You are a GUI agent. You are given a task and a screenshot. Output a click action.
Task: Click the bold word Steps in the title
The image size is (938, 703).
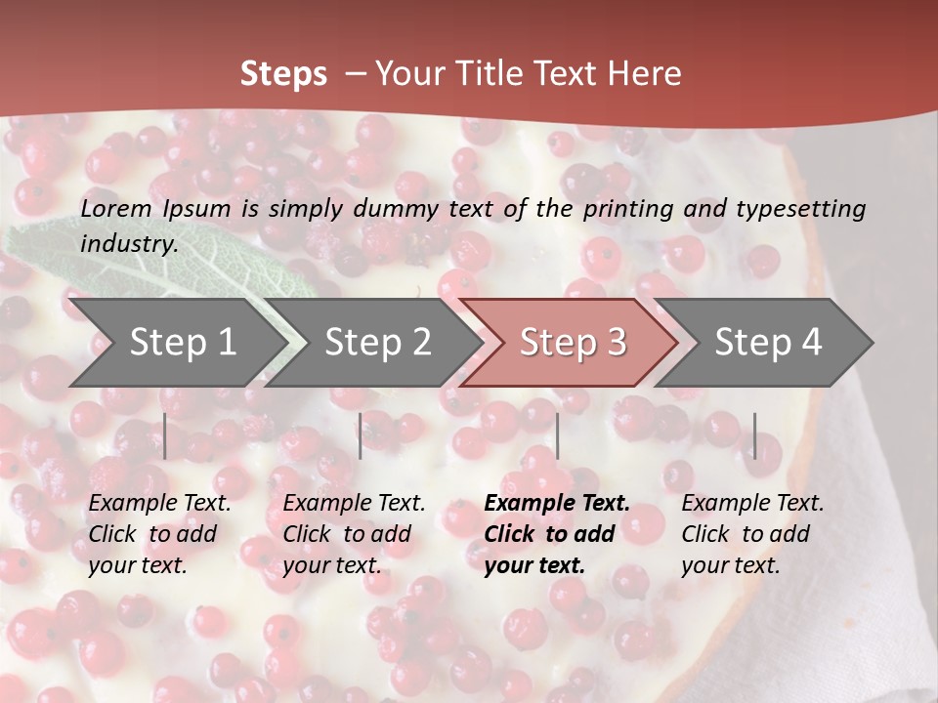tap(283, 74)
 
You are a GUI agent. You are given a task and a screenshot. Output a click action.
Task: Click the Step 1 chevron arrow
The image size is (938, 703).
tap(182, 343)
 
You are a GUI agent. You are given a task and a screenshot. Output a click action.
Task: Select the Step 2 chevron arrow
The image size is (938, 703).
tap(377, 343)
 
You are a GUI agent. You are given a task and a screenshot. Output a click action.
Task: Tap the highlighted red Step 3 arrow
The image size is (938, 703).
tap(573, 343)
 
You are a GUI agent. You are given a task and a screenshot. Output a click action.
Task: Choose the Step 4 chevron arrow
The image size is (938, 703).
tap(768, 343)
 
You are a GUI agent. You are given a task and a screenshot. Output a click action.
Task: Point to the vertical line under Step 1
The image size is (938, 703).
tap(165, 435)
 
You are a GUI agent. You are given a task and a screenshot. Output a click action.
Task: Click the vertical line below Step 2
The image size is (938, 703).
tap(361, 435)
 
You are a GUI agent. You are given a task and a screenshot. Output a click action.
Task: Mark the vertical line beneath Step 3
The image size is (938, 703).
tap(557, 435)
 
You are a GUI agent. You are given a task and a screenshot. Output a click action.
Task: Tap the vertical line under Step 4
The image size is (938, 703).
tap(754, 435)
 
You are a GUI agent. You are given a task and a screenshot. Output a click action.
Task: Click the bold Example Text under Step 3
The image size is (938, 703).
tap(557, 534)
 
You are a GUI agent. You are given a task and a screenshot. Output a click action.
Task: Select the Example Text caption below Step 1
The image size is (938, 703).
tap(159, 534)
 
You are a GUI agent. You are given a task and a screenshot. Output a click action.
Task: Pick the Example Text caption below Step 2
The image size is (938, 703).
tap(354, 534)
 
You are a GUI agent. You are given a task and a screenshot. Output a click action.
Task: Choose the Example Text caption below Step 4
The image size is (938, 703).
tap(752, 534)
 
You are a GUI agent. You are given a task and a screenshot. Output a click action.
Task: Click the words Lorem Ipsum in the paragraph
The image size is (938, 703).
tap(155, 209)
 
